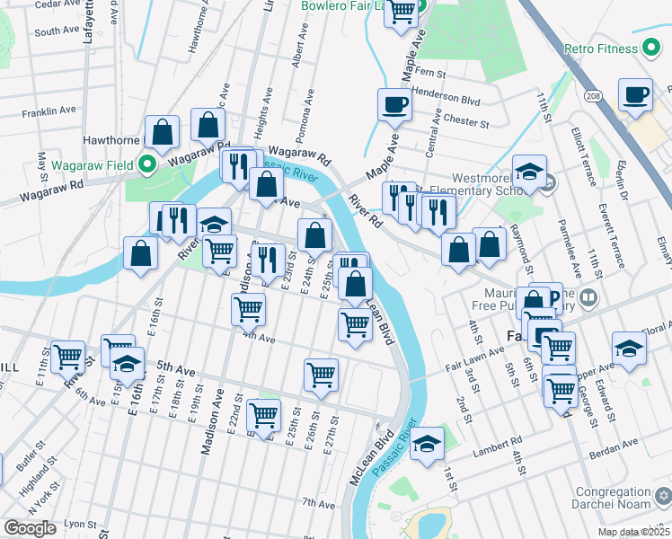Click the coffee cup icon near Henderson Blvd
tap(394, 104)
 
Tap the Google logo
tap(30, 528)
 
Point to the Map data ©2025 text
tap(632, 531)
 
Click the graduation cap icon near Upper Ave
tap(628, 349)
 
